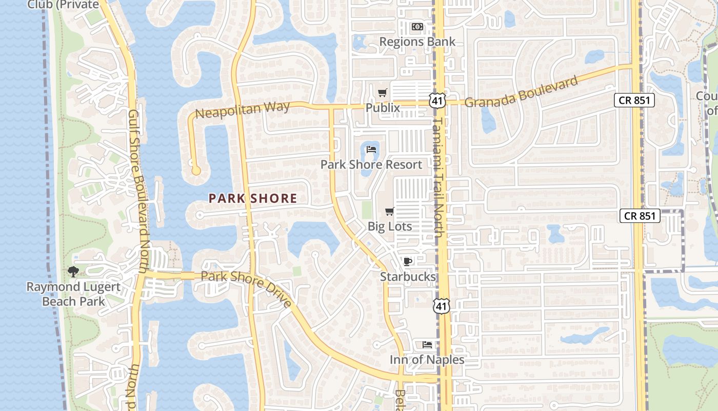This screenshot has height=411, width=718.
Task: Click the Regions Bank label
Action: [x=417, y=42]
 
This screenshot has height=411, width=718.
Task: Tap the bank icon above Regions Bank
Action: [x=417, y=26]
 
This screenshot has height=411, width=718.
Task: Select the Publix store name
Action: [x=383, y=108]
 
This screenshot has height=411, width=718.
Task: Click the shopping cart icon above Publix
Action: [x=382, y=93]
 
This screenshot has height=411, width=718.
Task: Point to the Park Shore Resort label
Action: [x=371, y=164]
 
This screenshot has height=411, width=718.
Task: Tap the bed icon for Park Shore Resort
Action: [x=372, y=150]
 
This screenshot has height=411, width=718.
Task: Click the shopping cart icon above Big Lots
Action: [x=389, y=211]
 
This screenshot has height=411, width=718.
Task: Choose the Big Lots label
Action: [x=390, y=226]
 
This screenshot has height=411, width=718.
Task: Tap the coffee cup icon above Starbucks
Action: [x=407, y=261]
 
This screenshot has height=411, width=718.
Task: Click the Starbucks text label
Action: [x=408, y=276]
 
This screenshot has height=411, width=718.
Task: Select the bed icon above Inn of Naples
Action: [x=427, y=345]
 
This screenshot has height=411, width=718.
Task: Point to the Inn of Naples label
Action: [x=427, y=360]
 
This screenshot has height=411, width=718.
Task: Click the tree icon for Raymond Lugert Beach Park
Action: [x=73, y=271]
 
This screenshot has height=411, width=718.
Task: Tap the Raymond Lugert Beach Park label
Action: [x=73, y=294]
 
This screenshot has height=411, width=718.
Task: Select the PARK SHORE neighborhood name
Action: [x=253, y=198]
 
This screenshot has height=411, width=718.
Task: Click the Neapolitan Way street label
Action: [x=243, y=110]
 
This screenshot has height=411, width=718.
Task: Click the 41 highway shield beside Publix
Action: [x=437, y=100]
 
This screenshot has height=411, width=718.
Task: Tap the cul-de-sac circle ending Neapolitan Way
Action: [x=195, y=170]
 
